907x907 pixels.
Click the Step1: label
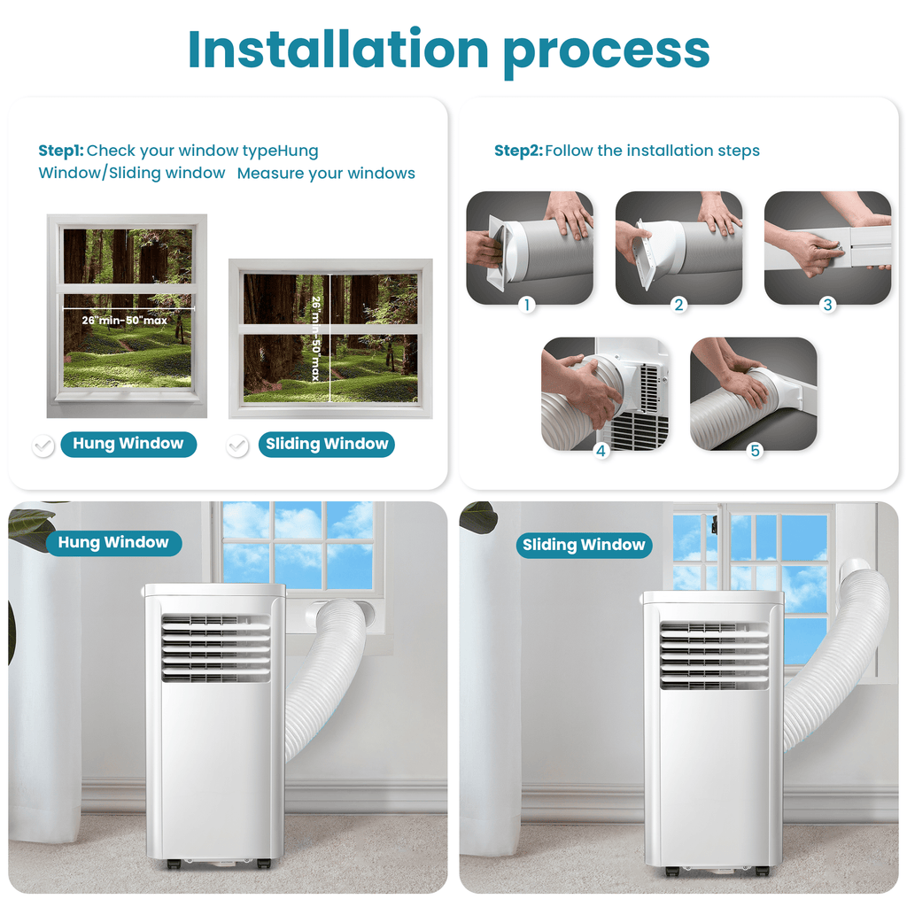[x=60, y=151]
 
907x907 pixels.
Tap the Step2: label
[x=517, y=151]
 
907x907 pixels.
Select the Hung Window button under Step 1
[x=128, y=444]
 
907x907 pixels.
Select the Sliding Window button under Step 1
[x=327, y=444]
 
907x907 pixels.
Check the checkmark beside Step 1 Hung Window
[x=43, y=446]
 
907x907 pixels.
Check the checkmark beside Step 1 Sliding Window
[x=237, y=446]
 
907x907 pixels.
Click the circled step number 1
[x=528, y=305]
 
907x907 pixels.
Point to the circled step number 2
[x=679, y=305]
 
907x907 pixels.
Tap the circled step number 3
[x=828, y=305]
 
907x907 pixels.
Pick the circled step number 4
[x=602, y=451]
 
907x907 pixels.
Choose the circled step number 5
[x=755, y=451]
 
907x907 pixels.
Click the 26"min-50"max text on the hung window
[x=125, y=320]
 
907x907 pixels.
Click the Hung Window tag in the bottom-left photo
[x=113, y=543]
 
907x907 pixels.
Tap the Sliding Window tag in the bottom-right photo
[x=584, y=545]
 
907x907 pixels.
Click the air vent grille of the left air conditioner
[x=215, y=648]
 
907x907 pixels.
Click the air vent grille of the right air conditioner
[x=714, y=655]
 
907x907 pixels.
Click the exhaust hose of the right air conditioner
[x=841, y=655]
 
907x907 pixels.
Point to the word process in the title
[x=607, y=51]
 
